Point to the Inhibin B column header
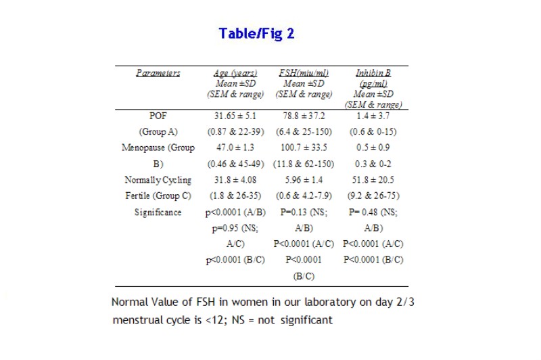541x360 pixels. click(x=374, y=73)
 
